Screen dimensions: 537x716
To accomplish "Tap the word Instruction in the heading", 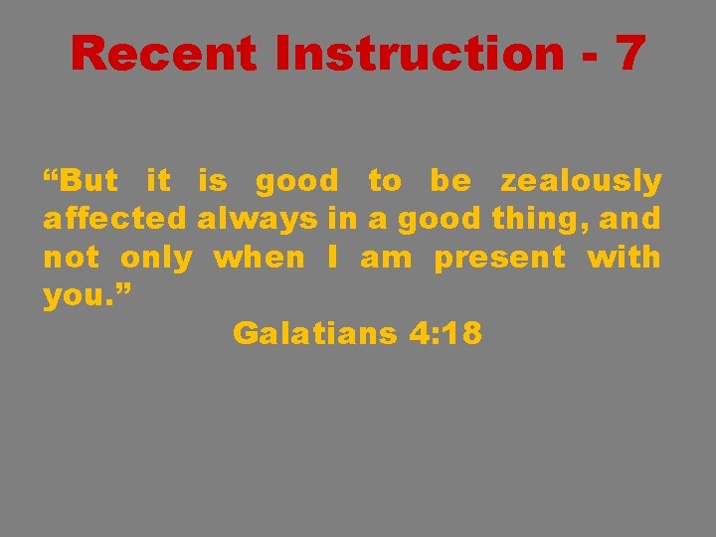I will tap(419, 53).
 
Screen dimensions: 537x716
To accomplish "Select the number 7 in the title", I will tap(629, 53).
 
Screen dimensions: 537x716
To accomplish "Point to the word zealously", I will tap(581, 181).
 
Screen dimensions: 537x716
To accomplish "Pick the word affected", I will tap(115, 219).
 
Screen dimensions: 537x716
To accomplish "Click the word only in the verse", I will tap(156, 258).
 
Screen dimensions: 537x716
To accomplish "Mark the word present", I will tap(499, 258).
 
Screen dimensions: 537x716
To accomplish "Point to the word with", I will tap(624, 258).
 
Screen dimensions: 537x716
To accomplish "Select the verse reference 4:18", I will tap(445, 334).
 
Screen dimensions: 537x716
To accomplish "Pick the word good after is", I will tap(296, 181).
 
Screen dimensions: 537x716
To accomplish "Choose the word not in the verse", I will tap(71, 258).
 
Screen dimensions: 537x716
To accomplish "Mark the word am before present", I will tap(386, 258).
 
